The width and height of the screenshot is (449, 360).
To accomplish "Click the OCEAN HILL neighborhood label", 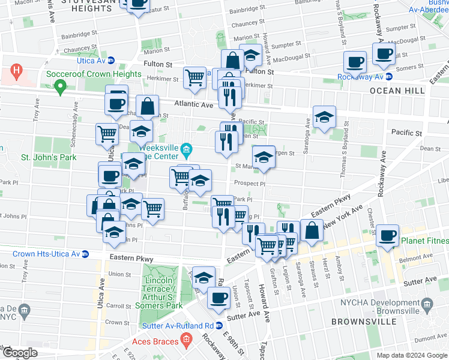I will (x=397, y=91).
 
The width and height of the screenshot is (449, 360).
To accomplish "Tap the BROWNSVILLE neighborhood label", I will (x=359, y=322).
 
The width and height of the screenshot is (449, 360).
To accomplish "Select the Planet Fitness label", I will (x=420, y=242).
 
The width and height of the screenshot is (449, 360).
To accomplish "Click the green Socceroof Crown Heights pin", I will (x=59, y=88).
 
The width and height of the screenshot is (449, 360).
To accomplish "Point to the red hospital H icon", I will (x=17, y=70).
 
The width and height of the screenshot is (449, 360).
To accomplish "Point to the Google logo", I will (x=19, y=353).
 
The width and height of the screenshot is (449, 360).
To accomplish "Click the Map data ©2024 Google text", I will (x=411, y=355).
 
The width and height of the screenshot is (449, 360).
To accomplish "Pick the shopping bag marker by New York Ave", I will (x=312, y=230).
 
